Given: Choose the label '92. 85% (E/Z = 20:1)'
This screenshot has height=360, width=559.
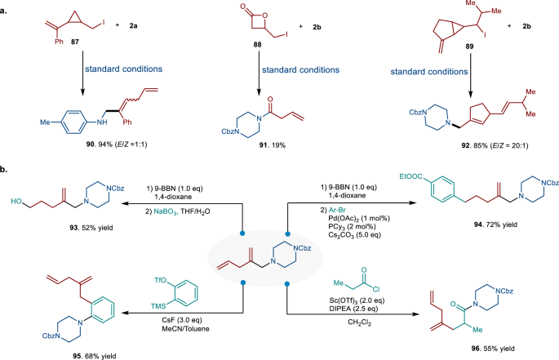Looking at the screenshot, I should click(x=470, y=155).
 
